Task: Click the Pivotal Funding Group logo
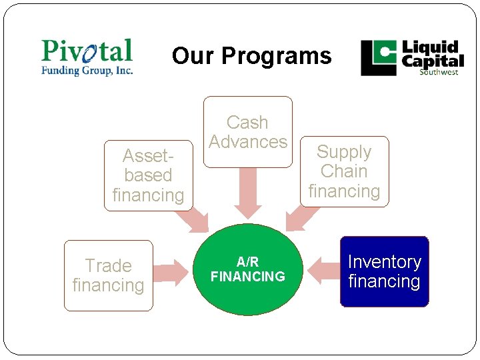point(87,57)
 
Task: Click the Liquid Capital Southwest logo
point(412,58)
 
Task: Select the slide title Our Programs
point(251,56)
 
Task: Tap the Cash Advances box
point(248,132)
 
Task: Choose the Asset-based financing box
point(148,175)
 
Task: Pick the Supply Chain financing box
point(344,171)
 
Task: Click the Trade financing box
point(108,275)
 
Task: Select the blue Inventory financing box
point(384,271)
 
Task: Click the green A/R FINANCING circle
point(248,269)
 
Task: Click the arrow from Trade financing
point(172,271)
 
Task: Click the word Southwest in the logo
point(438,72)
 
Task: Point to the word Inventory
point(384,262)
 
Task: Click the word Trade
point(108,266)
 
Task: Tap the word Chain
point(344,171)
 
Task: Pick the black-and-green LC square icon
point(379,58)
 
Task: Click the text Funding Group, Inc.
point(87,70)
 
